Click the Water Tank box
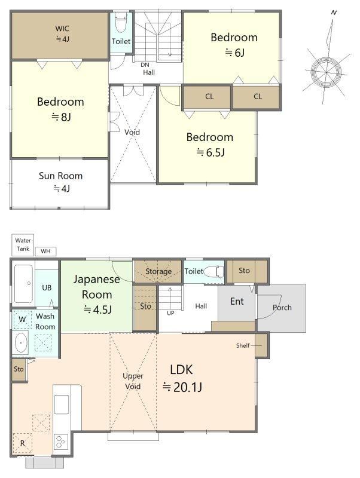point(23,245)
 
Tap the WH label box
point(45,251)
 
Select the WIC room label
point(62,29)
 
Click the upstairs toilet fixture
point(121,23)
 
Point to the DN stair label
point(145,65)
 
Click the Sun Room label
point(61,176)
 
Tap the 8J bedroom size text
point(62,117)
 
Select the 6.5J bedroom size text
point(211,152)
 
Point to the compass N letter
point(334,13)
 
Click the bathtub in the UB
point(23,284)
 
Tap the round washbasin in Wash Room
point(21,342)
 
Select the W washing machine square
point(22,320)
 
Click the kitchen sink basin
point(62,405)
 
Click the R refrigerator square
point(22,443)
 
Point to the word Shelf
point(243,345)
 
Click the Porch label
point(282,308)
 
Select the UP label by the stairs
point(170,313)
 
